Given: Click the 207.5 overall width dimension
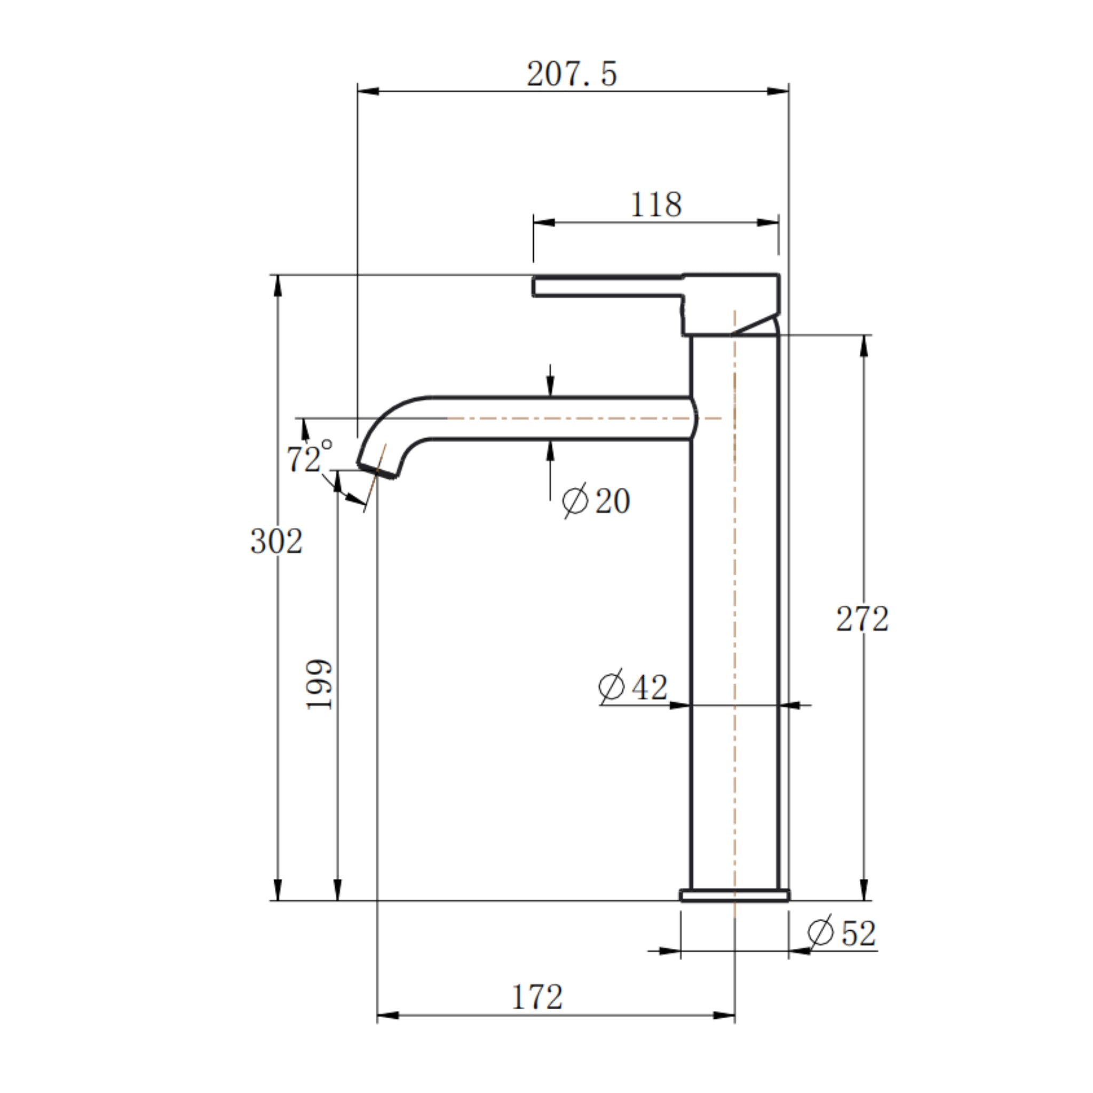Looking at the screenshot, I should pos(572,74).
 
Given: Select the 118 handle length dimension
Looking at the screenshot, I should pos(656,205).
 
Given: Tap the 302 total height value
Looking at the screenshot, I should pos(276,541).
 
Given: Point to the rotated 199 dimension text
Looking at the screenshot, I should pos(320,685).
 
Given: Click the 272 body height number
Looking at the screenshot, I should pos(862,619).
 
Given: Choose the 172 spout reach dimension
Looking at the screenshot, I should pos(537,997).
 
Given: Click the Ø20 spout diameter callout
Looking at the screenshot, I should pos(596,501).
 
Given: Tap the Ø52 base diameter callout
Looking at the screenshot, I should pos(841,933).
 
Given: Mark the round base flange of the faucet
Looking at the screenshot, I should pos(734,896).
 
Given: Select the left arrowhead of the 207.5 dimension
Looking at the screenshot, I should pos(368,91).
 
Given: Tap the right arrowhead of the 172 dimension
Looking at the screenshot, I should pos(725,1016).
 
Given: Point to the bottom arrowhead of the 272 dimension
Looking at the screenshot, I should pos(864,889).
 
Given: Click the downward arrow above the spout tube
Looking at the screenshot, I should pos(550,387).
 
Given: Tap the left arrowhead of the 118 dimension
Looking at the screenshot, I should pos(543,223).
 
